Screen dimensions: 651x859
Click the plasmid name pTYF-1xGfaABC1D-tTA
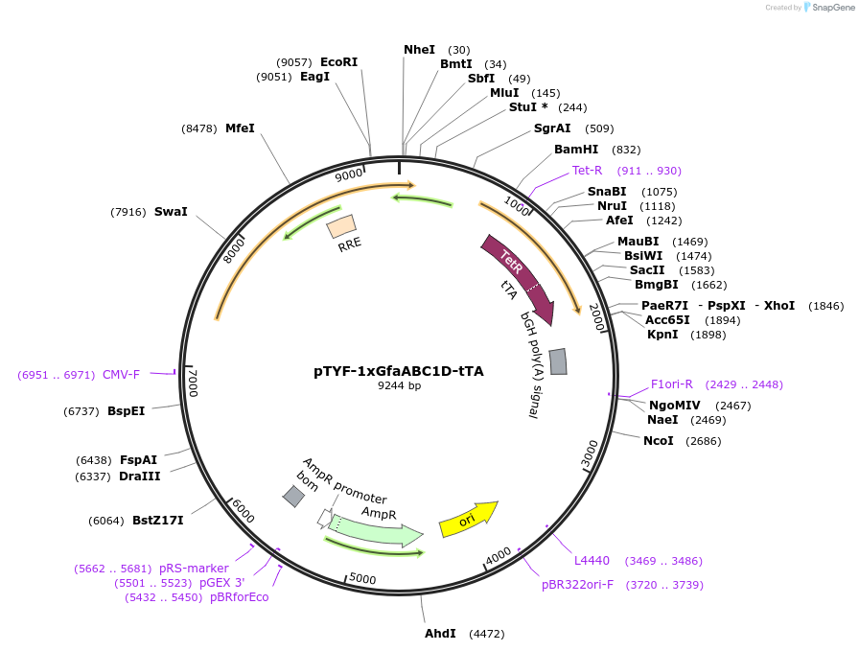399,370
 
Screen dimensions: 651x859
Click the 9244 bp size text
399,386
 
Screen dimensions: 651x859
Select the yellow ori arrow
468,519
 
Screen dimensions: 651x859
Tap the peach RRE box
341,226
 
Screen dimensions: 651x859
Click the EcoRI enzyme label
338,62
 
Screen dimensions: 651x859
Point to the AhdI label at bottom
440,634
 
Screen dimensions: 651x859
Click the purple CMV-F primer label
121,375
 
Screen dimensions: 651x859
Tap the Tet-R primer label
587,171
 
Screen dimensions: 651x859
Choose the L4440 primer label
592,561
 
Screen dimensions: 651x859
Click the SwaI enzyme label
171,212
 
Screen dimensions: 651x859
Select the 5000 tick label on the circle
362,579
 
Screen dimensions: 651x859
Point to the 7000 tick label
192,383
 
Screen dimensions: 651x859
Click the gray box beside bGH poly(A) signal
558,361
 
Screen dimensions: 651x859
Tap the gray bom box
293,496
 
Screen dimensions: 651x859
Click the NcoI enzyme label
658,441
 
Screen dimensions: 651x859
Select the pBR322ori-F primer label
577,585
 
